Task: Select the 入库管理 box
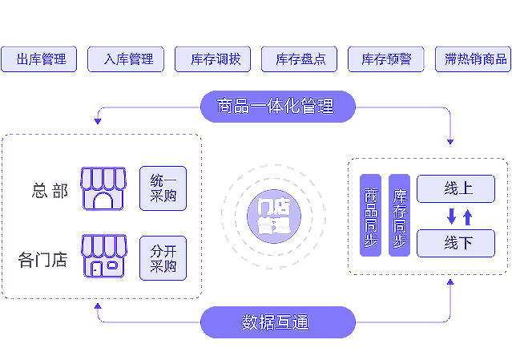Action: pos(128,60)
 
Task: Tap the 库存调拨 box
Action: pos(215,60)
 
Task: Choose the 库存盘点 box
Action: pos(300,60)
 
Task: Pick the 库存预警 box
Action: pos(386,60)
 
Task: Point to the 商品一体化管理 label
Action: pos(275,106)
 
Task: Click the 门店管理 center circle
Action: pos(274,215)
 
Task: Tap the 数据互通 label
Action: pos(275,322)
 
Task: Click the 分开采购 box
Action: pos(163,257)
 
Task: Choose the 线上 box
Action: pos(458,188)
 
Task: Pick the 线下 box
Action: pos(458,242)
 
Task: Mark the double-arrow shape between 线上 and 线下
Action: pos(458,215)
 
